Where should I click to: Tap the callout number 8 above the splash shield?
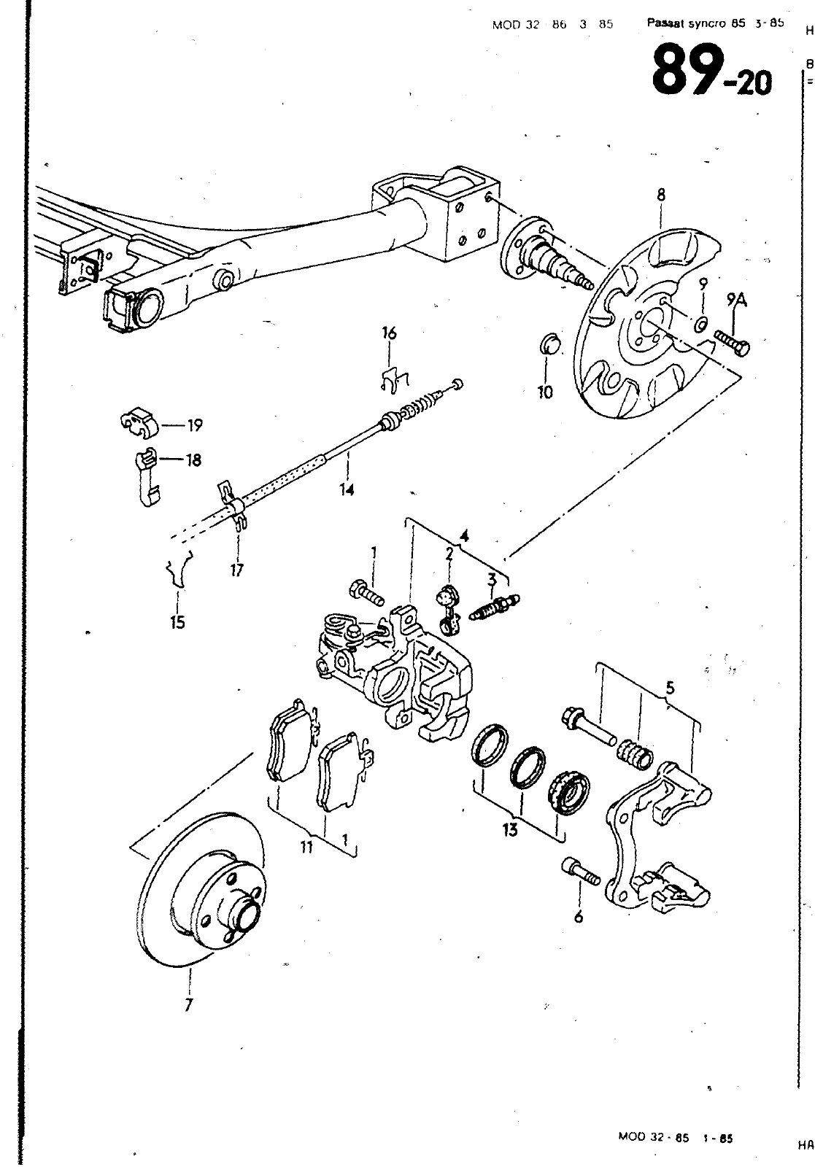click(x=660, y=195)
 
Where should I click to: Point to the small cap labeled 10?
click(x=551, y=344)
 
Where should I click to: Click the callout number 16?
click(x=389, y=334)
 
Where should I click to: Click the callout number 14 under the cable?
click(x=347, y=490)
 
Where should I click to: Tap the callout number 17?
click(x=236, y=570)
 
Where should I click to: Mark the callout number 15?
click(x=177, y=622)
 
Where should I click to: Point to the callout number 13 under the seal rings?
click(x=509, y=829)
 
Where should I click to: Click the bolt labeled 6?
click(x=579, y=872)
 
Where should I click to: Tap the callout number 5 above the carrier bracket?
click(x=670, y=687)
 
